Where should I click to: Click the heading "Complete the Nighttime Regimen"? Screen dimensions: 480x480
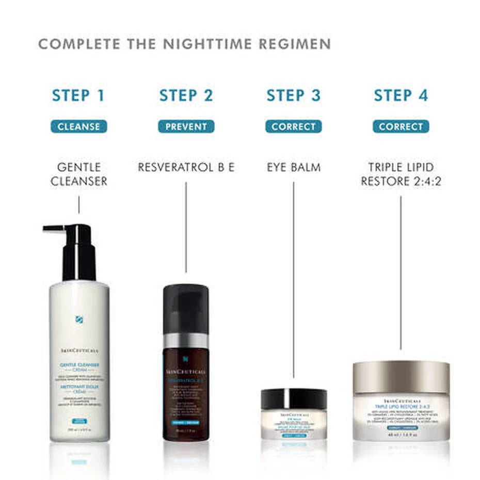point(184,44)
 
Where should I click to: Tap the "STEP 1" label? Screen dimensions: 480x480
point(78,95)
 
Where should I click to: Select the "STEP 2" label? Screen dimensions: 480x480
point(186,95)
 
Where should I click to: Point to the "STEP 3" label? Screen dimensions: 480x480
point(293,95)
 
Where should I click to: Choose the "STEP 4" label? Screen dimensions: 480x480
point(401,95)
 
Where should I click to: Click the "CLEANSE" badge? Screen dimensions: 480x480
point(78,126)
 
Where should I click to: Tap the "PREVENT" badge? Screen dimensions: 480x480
point(186,126)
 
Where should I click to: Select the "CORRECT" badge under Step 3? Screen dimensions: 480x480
point(293,126)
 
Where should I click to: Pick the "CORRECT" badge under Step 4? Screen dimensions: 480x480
point(401,126)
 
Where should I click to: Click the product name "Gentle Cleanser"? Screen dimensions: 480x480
point(78,174)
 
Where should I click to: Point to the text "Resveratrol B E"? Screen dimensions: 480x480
point(186,168)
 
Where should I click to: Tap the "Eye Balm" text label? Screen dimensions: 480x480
point(293,168)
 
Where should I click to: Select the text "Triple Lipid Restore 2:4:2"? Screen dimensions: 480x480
point(401,174)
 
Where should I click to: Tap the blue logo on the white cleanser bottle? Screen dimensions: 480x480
point(79,319)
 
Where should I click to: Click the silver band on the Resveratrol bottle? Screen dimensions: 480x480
point(186,341)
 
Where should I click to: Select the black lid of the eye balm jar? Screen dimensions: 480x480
point(293,399)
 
